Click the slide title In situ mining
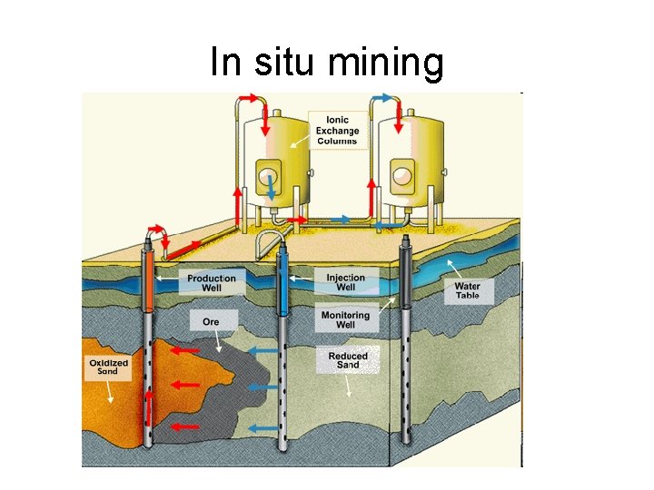click(327, 64)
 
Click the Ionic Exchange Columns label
click(337, 130)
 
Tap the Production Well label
click(211, 283)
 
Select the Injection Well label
click(346, 282)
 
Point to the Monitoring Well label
click(345, 319)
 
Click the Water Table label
click(468, 290)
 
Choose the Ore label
click(211, 321)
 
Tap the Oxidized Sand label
click(108, 367)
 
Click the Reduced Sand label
click(348, 360)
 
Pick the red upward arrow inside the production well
click(147, 407)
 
